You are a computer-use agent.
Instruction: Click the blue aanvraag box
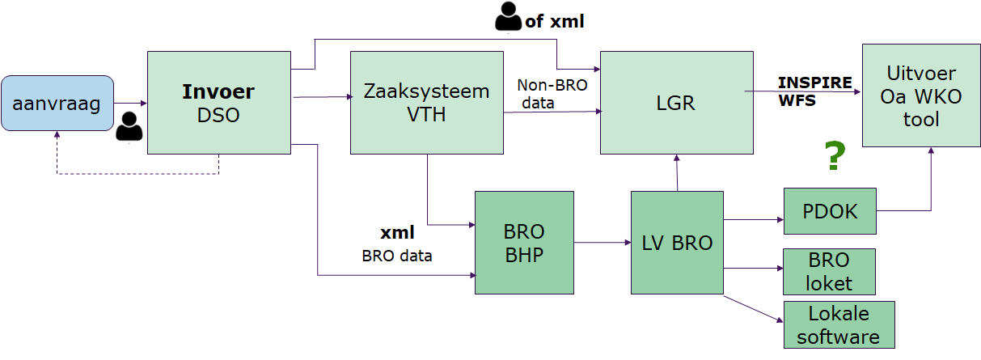tap(57, 103)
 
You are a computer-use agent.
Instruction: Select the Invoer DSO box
tap(219, 102)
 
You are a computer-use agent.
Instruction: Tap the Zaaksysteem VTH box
tap(426, 102)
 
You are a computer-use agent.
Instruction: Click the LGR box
tap(676, 102)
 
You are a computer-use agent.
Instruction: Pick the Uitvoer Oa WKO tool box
tap(921, 95)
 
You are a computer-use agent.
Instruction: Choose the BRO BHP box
tap(524, 242)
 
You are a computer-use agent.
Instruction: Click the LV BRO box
tap(677, 242)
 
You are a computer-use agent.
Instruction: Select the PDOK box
tap(830, 211)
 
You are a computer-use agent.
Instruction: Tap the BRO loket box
tap(830, 271)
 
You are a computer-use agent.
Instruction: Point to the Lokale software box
tap(839, 324)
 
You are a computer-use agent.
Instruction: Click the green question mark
tap(835, 156)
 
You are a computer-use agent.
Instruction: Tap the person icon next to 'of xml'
tap(508, 18)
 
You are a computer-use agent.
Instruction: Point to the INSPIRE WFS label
tap(814, 91)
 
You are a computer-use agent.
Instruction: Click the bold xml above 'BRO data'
tap(397, 233)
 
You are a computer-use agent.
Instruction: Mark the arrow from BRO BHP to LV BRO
tap(603, 242)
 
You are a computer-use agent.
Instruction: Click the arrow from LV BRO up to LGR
tap(676, 172)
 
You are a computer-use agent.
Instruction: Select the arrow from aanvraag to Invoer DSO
tap(130, 103)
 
